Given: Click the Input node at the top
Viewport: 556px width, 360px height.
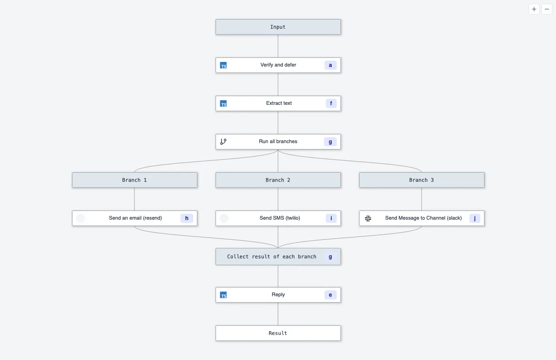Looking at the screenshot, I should [278, 27].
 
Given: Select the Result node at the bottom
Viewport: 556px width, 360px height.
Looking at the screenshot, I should [278, 333].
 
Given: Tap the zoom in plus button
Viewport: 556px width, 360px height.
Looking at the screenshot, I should [534, 9].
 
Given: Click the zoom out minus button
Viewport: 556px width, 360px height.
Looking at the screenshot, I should [547, 9].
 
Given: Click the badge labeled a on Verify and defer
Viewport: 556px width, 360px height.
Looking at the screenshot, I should [330, 65].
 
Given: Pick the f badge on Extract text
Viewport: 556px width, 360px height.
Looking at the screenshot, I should [331, 103].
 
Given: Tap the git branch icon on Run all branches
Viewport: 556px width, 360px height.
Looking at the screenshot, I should [223, 142].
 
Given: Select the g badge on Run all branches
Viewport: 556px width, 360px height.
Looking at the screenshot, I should [330, 142].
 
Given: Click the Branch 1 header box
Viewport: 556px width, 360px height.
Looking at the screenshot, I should [134, 180].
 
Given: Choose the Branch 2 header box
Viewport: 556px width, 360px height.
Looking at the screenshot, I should [278, 180].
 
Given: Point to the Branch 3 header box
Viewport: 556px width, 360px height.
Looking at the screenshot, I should [422, 180].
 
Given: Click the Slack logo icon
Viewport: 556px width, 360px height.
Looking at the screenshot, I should [368, 218].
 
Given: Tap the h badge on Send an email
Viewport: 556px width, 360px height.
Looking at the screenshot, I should [187, 218].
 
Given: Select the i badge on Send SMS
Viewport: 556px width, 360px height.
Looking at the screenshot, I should [331, 218].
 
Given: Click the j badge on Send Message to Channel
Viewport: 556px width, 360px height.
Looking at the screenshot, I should [474, 218].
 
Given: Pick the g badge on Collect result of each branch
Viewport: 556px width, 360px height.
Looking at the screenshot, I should [330, 257].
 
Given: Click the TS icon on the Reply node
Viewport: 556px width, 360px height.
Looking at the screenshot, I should [223, 295].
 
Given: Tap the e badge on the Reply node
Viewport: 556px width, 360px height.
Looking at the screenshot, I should [330, 295].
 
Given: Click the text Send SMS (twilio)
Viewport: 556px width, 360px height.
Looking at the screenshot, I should [280, 218].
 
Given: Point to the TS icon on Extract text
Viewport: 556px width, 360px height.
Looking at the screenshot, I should [223, 103].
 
